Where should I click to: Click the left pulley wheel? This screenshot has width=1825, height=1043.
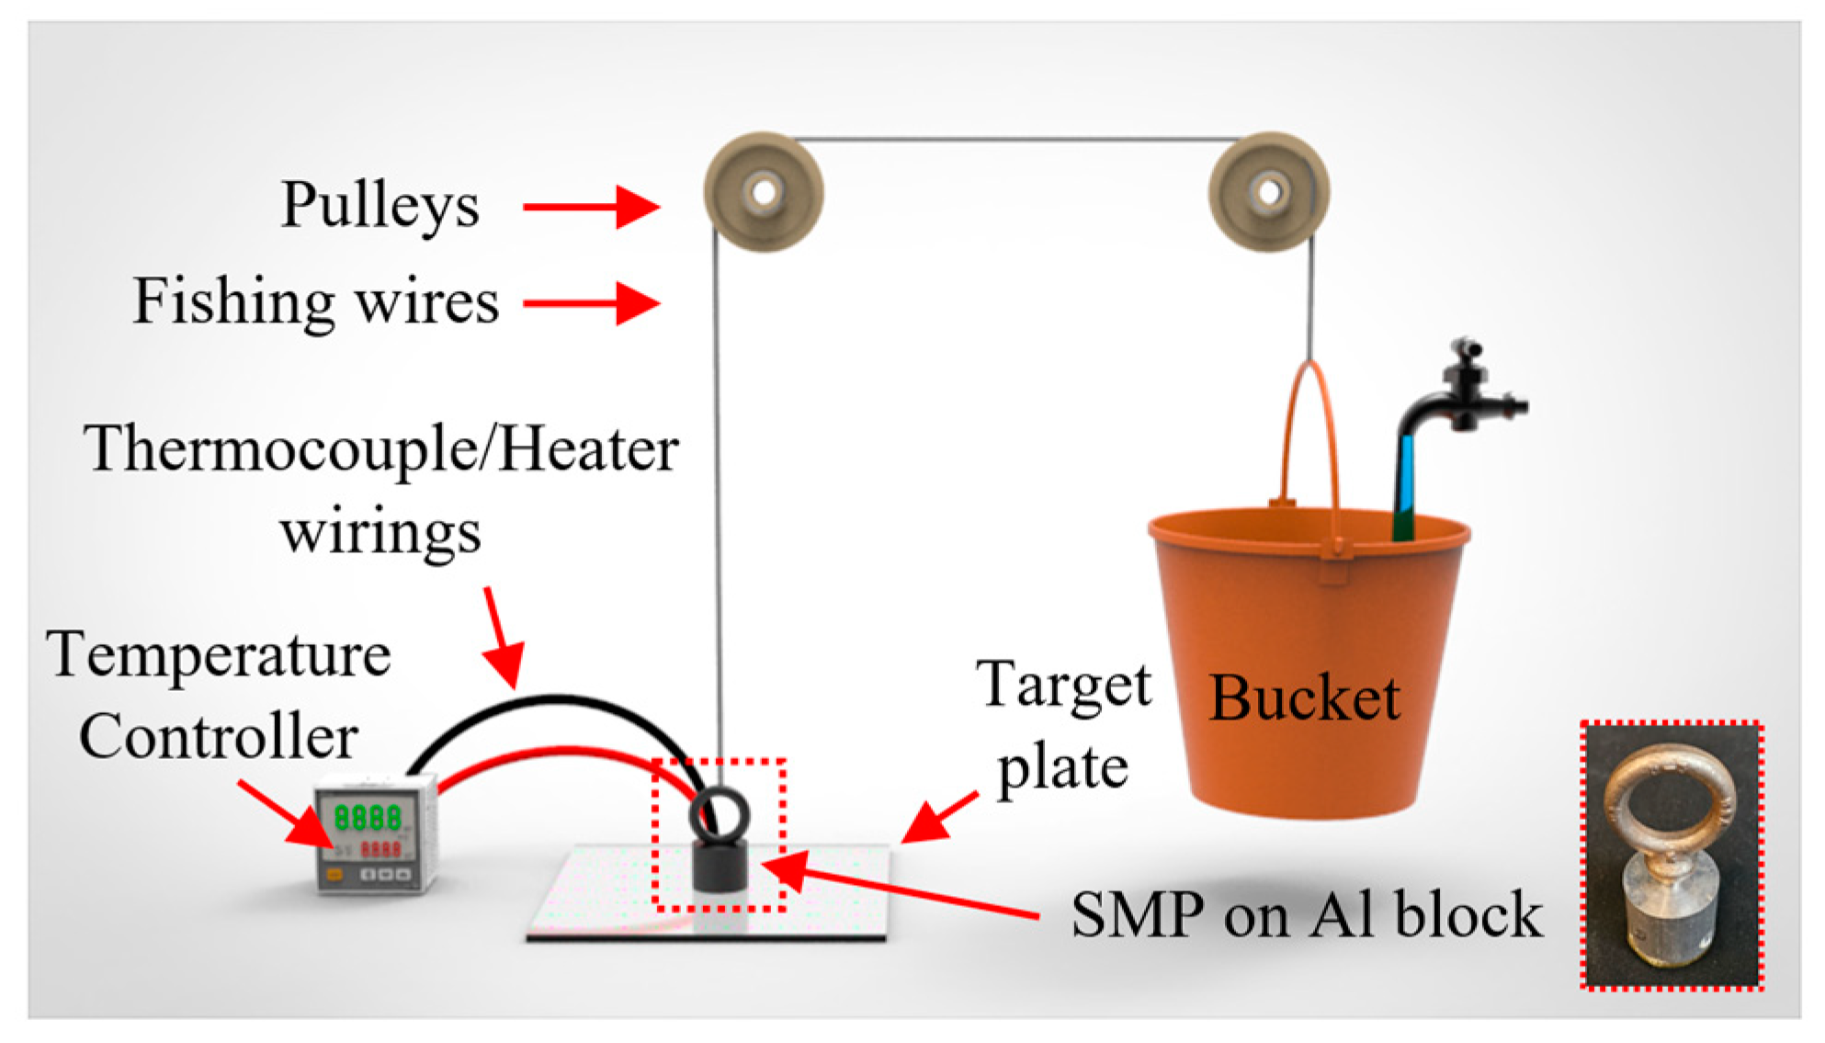pyautogui.click(x=763, y=192)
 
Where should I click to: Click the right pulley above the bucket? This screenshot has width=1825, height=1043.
pyautogui.click(x=1268, y=192)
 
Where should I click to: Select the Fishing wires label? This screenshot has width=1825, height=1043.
pyautogui.click(x=316, y=301)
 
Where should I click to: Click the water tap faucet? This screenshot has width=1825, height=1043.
pyautogui.click(x=1461, y=395)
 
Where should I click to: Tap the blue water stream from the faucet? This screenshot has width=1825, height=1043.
pyautogui.click(x=1406, y=478)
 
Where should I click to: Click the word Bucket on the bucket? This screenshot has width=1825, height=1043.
pyautogui.click(x=1305, y=698)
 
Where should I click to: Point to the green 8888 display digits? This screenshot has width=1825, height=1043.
pyautogui.click(x=368, y=817)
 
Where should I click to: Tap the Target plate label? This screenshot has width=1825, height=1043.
pyautogui.click(x=1063, y=726)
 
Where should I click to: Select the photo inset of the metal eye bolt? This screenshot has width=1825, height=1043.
pyautogui.click(x=1671, y=855)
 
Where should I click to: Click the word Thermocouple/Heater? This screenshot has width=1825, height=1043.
pyautogui.click(x=381, y=450)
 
